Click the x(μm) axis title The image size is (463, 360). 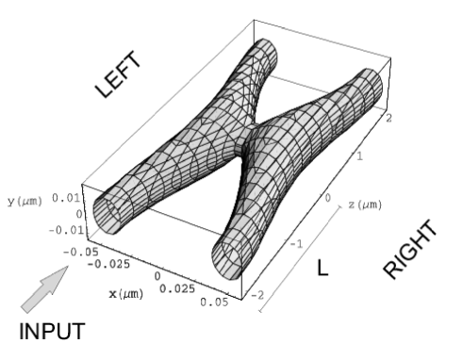pyautogui.click(x=125, y=294)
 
